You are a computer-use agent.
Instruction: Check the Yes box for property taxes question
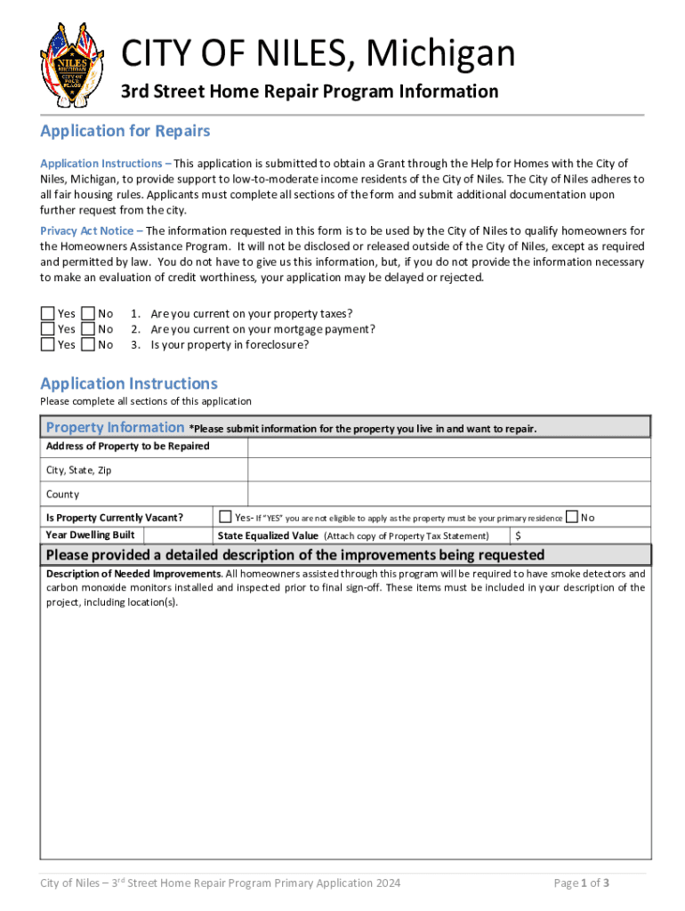[47, 313]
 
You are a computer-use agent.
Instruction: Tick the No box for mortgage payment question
[88, 329]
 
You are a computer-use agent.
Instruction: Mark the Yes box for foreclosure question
[47, 344]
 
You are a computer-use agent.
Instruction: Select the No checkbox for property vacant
[571, 517]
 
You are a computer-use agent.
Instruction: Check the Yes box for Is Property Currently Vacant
[225, 517]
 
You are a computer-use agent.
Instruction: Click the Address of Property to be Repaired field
[448, 447]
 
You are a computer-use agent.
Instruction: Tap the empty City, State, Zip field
[448, 470]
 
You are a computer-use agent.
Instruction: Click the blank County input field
[448, 494]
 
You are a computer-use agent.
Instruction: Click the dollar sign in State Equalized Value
[519, 536]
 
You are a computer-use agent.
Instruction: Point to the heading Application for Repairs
[125, 132]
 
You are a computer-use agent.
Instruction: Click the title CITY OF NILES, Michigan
[318, 53]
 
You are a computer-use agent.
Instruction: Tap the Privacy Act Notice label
[84, 230]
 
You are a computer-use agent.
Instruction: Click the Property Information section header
[115, 428]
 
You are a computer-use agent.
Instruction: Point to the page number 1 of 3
[581, 883]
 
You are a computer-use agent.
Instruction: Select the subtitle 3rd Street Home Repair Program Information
[310, 92]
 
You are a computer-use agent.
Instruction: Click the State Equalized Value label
[268, 536]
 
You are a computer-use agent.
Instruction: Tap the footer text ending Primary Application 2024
[221, 883]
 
